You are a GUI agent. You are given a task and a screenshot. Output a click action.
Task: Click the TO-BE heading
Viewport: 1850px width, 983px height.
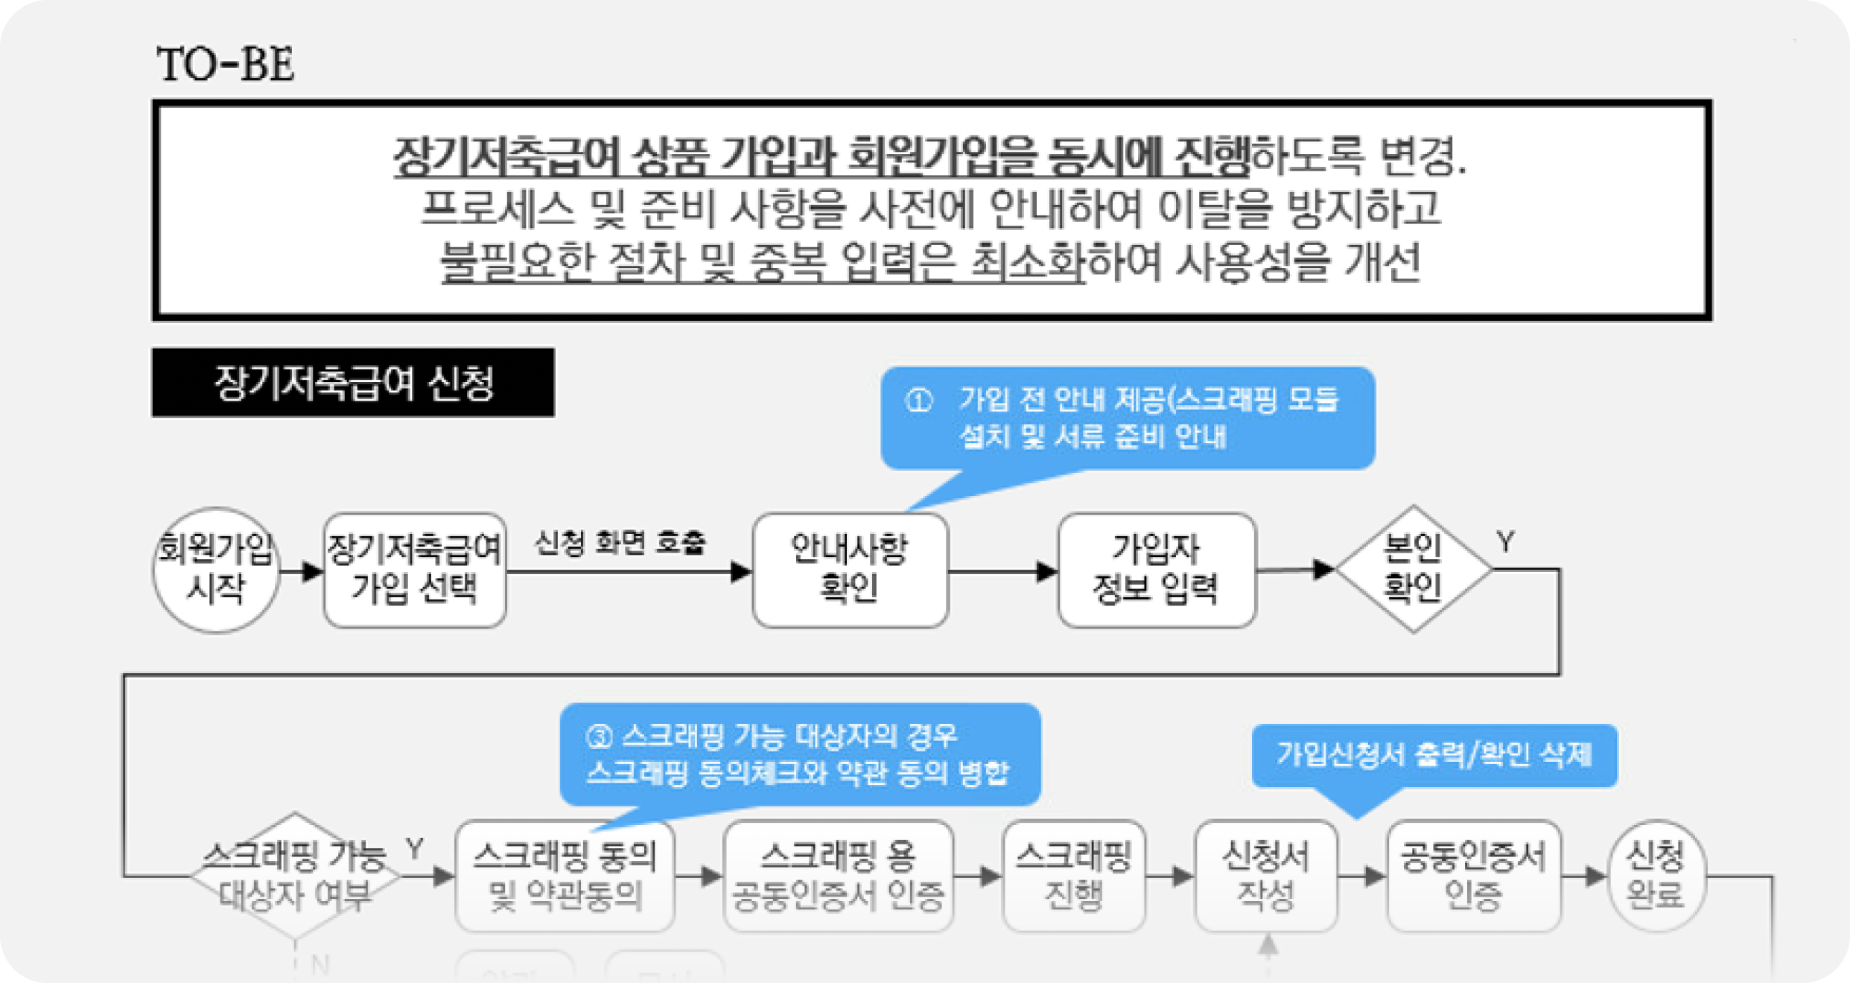point(225,64)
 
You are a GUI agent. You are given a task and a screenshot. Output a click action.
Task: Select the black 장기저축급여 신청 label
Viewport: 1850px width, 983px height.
point(353,383)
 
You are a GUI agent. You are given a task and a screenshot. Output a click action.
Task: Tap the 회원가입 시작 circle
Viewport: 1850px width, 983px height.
point(216,570)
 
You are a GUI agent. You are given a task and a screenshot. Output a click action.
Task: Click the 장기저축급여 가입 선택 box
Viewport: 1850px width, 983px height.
point(415,570)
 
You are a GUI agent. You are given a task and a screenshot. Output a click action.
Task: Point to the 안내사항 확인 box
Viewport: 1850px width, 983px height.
point(850,570)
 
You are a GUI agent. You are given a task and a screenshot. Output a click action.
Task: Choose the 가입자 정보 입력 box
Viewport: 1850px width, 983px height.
point(1156,570)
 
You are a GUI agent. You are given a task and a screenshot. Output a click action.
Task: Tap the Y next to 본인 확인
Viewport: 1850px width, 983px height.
point(1506,542)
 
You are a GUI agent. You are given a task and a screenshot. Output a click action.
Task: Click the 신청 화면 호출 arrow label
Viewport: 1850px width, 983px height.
point(620,543)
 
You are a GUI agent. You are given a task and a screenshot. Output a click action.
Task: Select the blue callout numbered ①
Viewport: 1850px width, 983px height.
point(1127,418)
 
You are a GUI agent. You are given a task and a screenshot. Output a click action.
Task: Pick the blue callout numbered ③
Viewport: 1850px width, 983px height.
point(800,754)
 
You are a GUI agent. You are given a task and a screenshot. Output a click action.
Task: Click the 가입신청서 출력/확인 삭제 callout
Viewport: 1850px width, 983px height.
point(1434,755)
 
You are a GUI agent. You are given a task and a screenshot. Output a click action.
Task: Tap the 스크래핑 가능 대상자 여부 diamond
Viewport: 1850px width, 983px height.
point(295,876)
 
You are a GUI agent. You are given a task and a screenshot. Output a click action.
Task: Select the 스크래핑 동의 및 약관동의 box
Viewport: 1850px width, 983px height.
point(565,876)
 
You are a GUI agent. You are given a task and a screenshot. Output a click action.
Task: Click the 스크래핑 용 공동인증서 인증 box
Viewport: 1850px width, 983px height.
point(839,876)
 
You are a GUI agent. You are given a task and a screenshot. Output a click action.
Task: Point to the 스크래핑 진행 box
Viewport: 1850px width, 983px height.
point(1074,876)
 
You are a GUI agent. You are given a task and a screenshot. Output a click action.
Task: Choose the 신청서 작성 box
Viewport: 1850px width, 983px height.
point(1266,876)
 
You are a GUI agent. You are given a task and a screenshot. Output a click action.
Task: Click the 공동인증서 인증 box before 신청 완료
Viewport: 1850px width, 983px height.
point(1474,876)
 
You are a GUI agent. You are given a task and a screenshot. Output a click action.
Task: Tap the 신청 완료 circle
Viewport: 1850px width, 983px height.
point(1656,876)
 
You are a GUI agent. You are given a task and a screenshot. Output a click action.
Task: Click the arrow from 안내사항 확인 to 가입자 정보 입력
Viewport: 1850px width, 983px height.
point(1002,572)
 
